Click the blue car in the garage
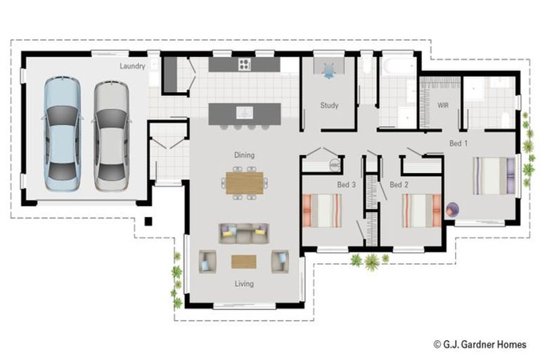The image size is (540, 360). (x=63, y=134)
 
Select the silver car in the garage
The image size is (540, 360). (x=111, y=136)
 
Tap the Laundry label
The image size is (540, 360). (x=132, y=66)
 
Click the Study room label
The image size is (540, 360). (x=329, y=105)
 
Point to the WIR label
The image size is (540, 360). (x=443, y=105)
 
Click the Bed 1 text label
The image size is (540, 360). (x=458, y=143)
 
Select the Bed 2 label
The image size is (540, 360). (x=399, y=185)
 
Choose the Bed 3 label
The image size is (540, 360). (x=346, y=185)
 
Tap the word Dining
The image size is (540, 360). (x=245, y=155)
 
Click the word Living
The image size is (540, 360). (x=244, y=284)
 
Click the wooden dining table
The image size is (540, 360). (x=245, y=183)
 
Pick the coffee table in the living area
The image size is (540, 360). (x=244, y=262)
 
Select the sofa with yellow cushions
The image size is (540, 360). (x=244, y=233)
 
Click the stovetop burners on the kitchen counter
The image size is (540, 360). (x=245, y=64)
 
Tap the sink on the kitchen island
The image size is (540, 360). (x=245, y=112)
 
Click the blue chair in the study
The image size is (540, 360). (x=329, y=71)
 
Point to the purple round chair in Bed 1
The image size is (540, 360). (x=452, y=209)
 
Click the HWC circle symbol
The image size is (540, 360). (x=335, y=165)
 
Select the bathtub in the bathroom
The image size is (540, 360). (x=399, y=66)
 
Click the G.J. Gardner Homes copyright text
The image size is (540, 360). (x=480, y=344)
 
